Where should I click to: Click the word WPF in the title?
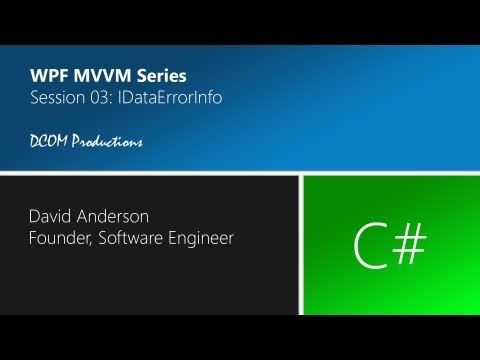click(47, 77)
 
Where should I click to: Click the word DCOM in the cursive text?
click(48, 141)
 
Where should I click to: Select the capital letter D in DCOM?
click(35, 141)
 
